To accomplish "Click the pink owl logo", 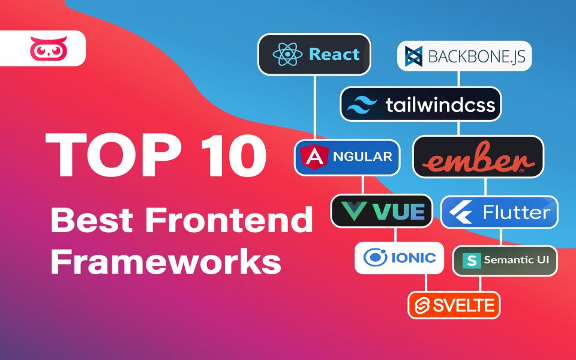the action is pyautogui.click(x=49, y=48).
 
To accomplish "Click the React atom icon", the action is pyautogui.click(x=287, y=55).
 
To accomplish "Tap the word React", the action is pyautogui.click(x=334, y=55).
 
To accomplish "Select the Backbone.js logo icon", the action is pyautogui.click(x=413, y=56).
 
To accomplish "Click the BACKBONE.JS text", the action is pyautogui.click(x=477, y=56).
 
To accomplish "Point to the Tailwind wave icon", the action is pyautogui.click(x=362, y=104).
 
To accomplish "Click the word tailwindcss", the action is pyautogui.click(x=440, y=104).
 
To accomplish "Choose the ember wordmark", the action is pyautogui.click(x=478, y=158).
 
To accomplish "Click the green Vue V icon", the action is pyautogui.click(x=353, y=211).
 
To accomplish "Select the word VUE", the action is pyautogui.click(x=398, y=212).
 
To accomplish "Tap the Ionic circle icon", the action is pyautogui.click(x=375, y=257).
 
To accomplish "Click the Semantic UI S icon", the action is pyautogui.click(x=472, y=260).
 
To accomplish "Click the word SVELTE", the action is pyautogui.click(x=464, y=305).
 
